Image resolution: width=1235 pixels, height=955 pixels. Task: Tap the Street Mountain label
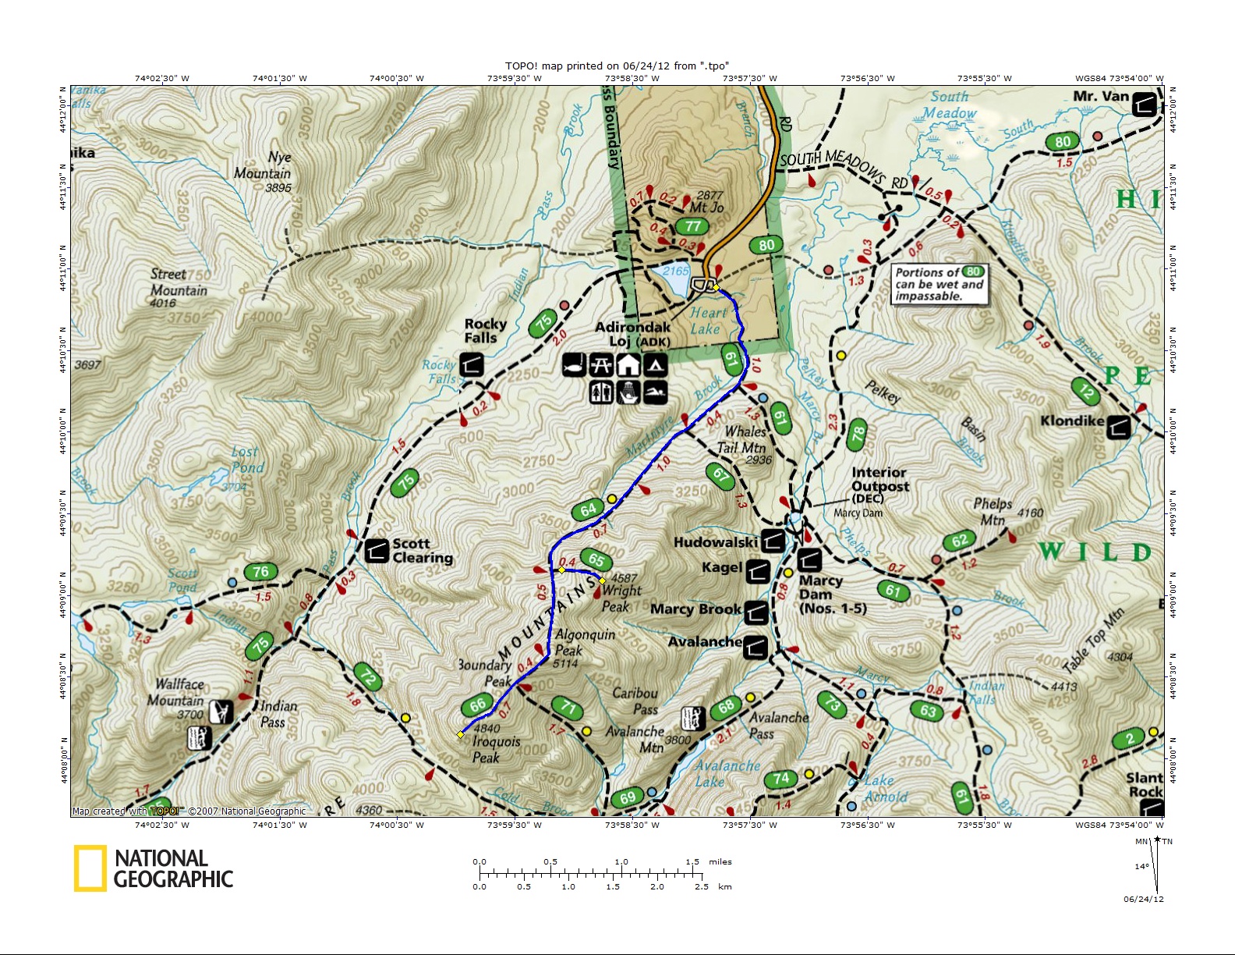179,282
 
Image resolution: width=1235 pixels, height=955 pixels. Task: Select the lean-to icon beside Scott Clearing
377,551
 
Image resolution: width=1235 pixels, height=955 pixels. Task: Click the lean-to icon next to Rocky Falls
471,364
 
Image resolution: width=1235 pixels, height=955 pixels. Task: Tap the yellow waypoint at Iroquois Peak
460,734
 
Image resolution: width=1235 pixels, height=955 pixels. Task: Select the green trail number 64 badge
588,509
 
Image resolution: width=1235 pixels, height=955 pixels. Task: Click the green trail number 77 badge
692,226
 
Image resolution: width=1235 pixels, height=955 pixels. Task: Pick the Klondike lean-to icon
1118,427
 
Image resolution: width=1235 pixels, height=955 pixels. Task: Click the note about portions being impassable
940,284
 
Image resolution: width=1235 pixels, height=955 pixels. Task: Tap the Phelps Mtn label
993,512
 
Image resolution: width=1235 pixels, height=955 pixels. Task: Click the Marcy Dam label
820,588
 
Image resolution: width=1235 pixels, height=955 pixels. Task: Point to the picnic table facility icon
600,364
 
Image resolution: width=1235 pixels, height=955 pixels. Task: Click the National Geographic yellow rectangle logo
90,868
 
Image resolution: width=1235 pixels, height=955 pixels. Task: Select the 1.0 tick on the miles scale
621,871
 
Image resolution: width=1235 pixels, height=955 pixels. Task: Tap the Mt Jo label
706,208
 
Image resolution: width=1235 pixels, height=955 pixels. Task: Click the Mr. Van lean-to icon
1144,104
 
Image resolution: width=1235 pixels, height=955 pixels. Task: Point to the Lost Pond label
248,460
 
